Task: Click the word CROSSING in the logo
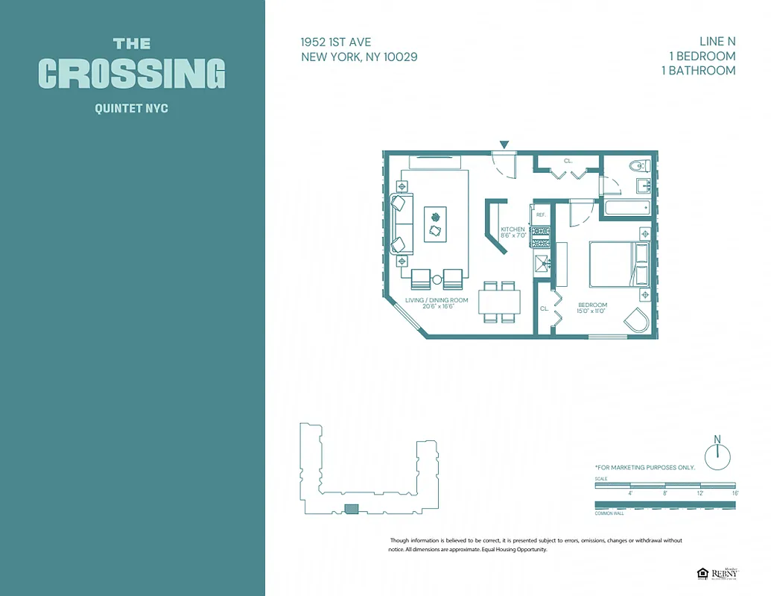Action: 132,74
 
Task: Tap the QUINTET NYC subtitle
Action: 132,109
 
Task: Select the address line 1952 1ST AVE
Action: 336,42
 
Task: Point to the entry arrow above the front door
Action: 504,145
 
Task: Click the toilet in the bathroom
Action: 638,166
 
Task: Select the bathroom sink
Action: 642,186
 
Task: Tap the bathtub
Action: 626,207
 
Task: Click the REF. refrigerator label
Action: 542,215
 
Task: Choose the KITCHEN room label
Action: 513,229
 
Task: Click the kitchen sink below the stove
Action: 542,261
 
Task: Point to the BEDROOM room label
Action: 592,305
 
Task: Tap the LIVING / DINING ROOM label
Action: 437,300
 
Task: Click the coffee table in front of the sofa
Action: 436,223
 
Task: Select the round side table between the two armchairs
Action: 437,280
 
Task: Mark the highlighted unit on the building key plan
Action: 350,509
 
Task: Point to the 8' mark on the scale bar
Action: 664,493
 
